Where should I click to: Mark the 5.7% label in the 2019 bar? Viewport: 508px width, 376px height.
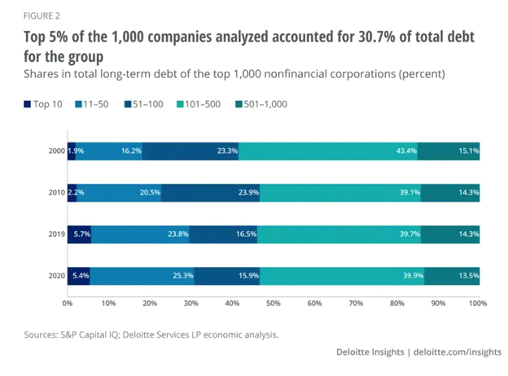coord(80,234)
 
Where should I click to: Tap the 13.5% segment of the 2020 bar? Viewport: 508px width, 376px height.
coord(451,276)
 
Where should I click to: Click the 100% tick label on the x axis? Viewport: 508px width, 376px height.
coord(477,304)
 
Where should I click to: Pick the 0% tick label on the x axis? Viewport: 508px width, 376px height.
coord(67,304)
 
